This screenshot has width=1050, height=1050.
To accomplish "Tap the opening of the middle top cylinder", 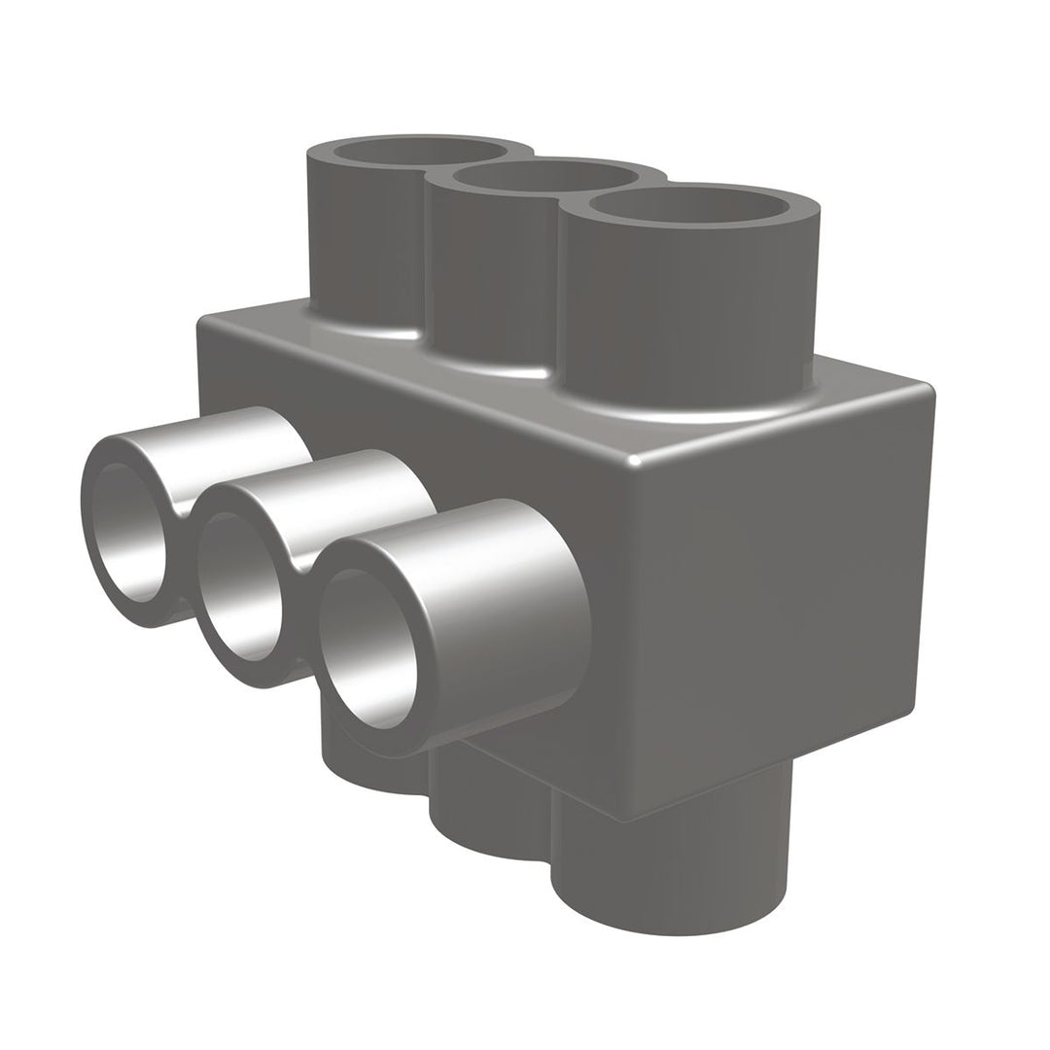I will [544, 178].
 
